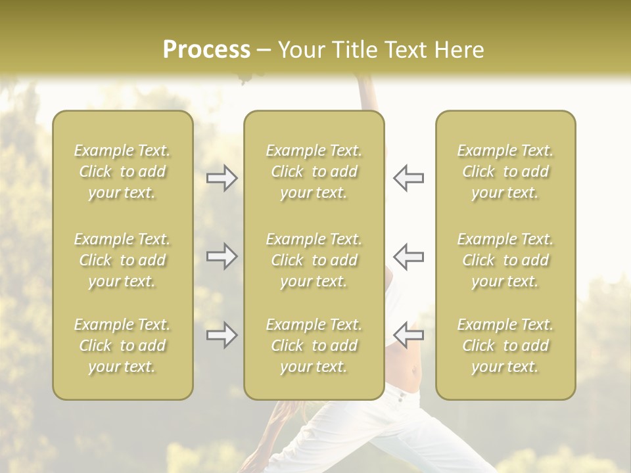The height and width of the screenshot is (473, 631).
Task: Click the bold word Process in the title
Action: [x=206, y=49]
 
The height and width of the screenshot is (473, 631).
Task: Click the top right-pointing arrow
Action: [x=222, y=178]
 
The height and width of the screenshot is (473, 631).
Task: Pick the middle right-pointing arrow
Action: [x=222, y=256]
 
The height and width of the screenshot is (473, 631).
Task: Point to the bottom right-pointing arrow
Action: [x=222, y=335]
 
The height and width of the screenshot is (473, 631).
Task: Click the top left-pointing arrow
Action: [x=408, y=178]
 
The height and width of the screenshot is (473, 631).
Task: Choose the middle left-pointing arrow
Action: [x=408, y=256]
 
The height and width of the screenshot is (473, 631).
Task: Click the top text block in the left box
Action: [x=122, y=171]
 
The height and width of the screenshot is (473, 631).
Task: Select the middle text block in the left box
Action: [x=122, y=260]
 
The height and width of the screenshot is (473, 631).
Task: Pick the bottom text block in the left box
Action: [x=122, y=346]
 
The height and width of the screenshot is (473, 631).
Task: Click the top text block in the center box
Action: [x=314, y=171]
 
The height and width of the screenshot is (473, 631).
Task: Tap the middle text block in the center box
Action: [x=314, y=260]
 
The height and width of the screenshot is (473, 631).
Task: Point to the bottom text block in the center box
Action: [x=314, y=346]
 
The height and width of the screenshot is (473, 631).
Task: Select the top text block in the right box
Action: [x=505, y=171]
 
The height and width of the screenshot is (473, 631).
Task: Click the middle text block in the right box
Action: [x=505, y=260]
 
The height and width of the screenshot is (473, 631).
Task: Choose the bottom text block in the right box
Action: [x=505, y=346]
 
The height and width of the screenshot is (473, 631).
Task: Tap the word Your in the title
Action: [x=300, y=49]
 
